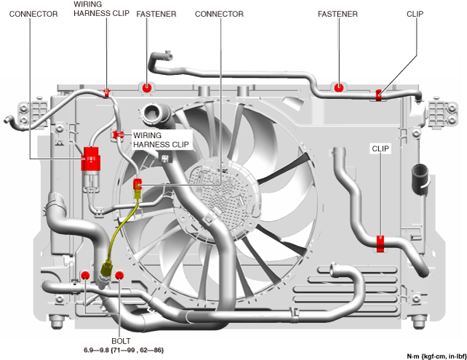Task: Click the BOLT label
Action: pos(121,340)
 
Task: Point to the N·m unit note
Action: pos(435,355)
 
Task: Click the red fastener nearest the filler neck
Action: pos(147,87)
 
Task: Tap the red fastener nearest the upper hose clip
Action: pos(338,88)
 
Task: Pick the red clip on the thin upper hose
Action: pos(379,95)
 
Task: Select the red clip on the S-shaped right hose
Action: pos(380,243)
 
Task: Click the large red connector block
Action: pos(90,158)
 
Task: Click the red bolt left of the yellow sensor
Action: pos(85,275)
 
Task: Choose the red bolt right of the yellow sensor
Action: pos(119,275)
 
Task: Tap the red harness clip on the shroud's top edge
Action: pos(107,92)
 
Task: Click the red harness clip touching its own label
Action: pos(116,135)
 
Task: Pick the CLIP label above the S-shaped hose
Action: pos(380,148)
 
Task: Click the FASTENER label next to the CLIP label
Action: pos(337,14)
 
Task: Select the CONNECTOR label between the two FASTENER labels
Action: pos(219,14)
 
